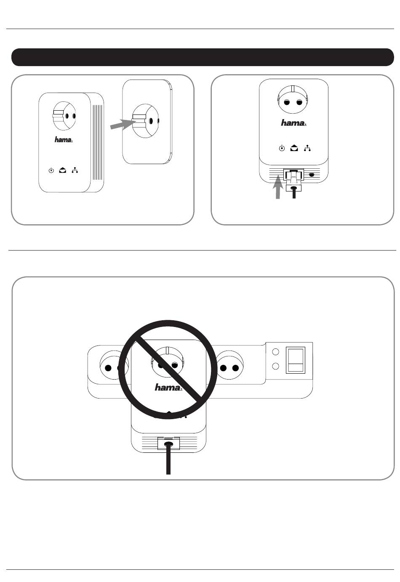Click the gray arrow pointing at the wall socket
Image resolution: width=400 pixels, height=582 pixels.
pyautogui.click(x=123, y=125)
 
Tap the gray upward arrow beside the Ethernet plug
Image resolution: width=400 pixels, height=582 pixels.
pyautogui.click(x=278, y=187)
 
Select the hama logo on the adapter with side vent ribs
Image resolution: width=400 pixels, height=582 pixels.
pyautogui.click(x=64, y=140)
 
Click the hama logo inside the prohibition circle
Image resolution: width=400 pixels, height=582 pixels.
pyautogui.click(x=168, y=388)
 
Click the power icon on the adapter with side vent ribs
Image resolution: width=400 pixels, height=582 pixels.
pyautogui.click(x=51, y=170)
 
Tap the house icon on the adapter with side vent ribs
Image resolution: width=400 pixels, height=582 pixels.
pyautogui.click(x=62, y=170)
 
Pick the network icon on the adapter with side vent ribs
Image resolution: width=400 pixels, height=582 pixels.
pyautogui.click(x=75, y=170)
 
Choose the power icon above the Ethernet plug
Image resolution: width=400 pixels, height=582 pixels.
pyautogui.click(x=282, y=148)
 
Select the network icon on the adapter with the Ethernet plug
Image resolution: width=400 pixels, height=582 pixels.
pyautogui.click(x=307, y=148)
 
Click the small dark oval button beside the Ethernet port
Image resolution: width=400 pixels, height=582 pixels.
pyautogui.click(x=312, y=175)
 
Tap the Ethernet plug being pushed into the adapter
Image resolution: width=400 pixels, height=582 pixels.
pyautogui.click(x=294, y=182)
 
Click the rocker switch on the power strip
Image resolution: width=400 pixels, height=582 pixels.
pyautogui.click(x=296, y=360)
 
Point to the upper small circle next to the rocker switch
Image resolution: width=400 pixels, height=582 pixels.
pyautogui.click(x=275, y=352)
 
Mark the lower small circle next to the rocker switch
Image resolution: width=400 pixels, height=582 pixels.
pyautogui.click(x=275, y=366)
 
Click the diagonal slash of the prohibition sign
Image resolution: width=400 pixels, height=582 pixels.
pyautogui.click(x=168, y=369)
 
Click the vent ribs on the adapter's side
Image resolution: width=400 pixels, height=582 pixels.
pyautogui.click(x=97, y=142)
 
